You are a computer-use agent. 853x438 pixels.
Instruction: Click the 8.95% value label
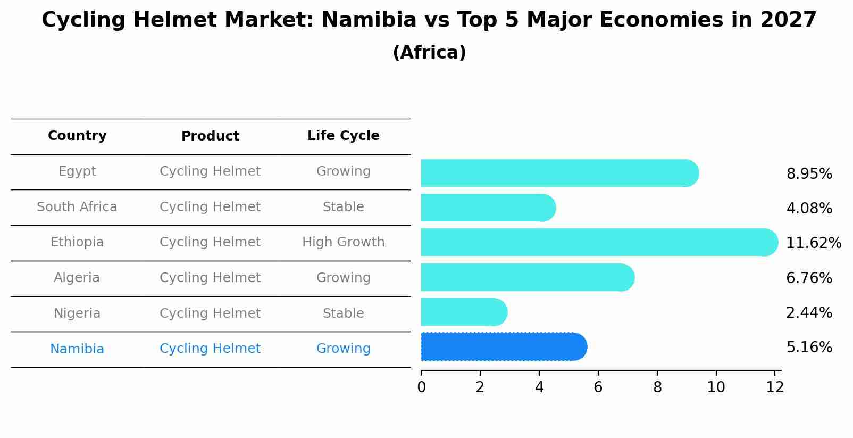coord(809,174)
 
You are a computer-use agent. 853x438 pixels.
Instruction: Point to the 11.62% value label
coord(813,243)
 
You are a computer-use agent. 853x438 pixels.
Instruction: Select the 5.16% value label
coord(809,348)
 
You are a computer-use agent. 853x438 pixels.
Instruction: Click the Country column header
coord(77,136)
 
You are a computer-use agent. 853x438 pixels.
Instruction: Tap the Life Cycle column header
coord(343,136)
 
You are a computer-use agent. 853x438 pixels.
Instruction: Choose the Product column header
coord(210,136)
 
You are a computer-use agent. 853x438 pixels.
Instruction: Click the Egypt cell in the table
coord(77,171)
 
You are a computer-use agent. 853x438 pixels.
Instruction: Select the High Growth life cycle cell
coord(343,242)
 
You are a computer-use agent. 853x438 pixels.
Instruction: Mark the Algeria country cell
coord(77,278)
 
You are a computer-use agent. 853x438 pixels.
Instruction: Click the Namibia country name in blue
coord(77,349)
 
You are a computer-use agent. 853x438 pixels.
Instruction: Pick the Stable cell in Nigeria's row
coord(343,313)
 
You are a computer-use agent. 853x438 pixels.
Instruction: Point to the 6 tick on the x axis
coord(598,387)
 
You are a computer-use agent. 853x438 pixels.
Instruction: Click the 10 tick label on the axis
coord(716,387)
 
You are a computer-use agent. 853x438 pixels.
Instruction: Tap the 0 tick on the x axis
coord(421,387)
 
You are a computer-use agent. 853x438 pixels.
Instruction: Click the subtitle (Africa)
coord(429,53)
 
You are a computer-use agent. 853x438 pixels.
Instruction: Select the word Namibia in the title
coord(369,20)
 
